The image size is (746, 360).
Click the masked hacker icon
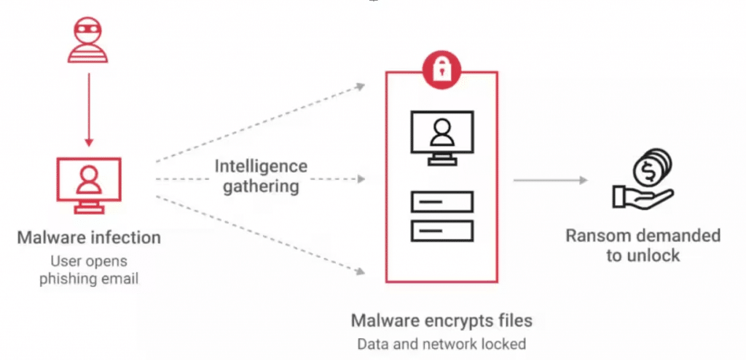point(87,41)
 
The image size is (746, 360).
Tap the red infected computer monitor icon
point(87,184)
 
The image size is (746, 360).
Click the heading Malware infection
point(88,238)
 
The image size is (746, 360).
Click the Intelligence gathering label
point(260,176)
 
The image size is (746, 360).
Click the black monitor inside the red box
point(441,135)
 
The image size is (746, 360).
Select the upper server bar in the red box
point(441,200)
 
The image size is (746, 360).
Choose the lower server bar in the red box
point(441,231)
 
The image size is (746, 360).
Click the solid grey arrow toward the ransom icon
point(550,180)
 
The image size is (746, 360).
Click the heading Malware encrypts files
point(441,320)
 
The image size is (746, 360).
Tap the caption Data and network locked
point(441,343)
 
